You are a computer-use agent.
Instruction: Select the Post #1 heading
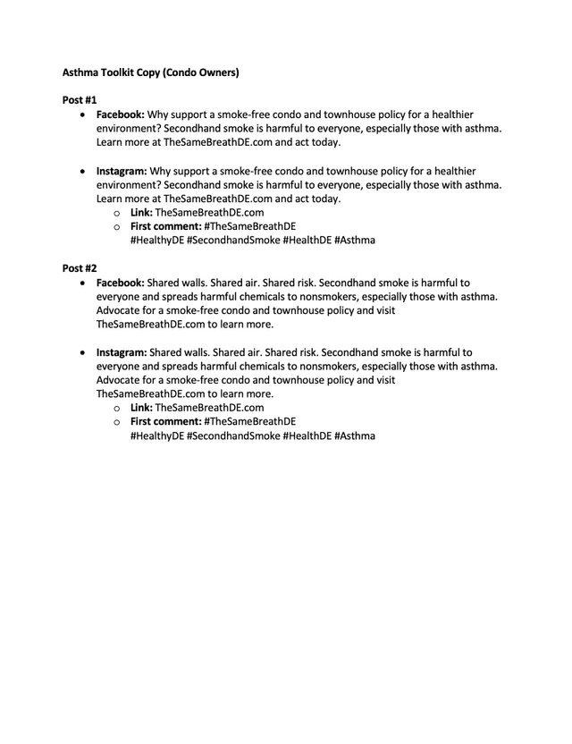pyautogui.click(x=80, y=102)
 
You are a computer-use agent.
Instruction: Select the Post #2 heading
pyautogui.click(x=80, y=267)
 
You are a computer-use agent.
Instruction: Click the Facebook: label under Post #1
pyautogui.click(x=121, y=115)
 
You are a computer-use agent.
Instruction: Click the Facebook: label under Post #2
pyautogui.click(x=121, y=282)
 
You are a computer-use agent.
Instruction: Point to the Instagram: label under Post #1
pyautogui.click(x=122, y=171)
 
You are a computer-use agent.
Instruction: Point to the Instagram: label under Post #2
pyautogui.click(x=122, y=352)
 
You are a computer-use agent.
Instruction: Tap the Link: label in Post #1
pyautogui.click(x=142, y=213)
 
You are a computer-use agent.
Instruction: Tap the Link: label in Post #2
pyautogui.click(x=142, y=408)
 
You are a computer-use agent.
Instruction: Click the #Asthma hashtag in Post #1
pyautogui.click(x=355, y=241)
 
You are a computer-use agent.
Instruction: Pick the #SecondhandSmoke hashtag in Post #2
pyautogui.click(x=233, y=435)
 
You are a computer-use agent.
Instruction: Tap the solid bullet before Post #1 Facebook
pyautogui.click(x=84, y=116)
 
